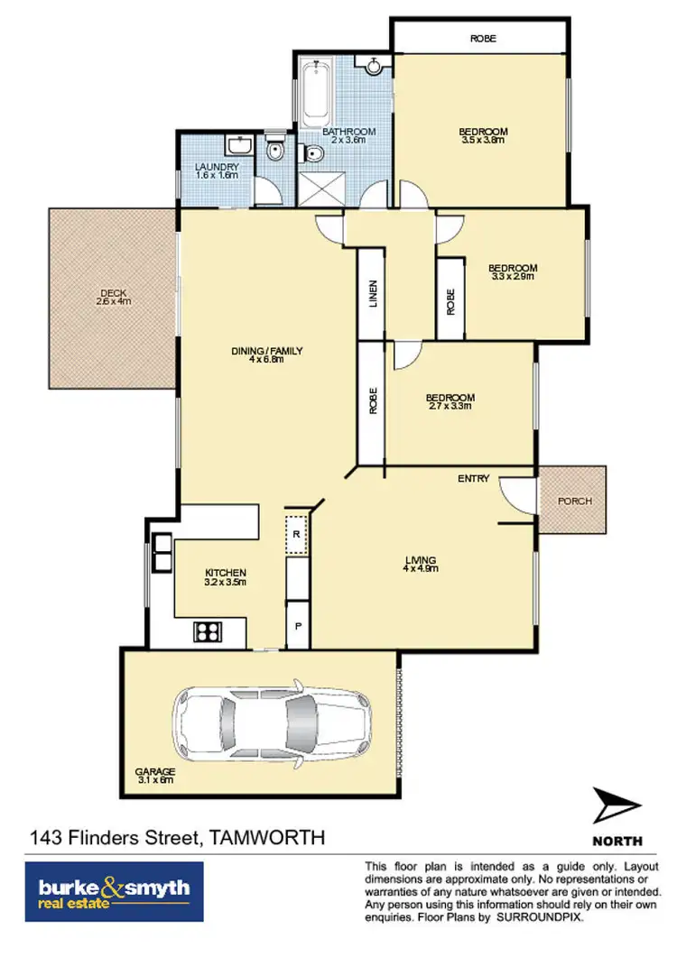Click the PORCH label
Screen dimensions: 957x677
click(x=573, y=501)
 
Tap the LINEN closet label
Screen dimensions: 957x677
click(x=372, y=295)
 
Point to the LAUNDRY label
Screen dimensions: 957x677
click(x=217, y=167)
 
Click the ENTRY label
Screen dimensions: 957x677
click(x=473, y=478)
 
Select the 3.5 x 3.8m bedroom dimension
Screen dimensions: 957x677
click(x=482, y=140)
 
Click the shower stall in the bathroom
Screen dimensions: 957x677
click(x=317, y=187)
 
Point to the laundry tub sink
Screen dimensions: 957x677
click(x=238, y=146)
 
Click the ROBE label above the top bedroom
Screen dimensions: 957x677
click(x=482, y=39)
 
